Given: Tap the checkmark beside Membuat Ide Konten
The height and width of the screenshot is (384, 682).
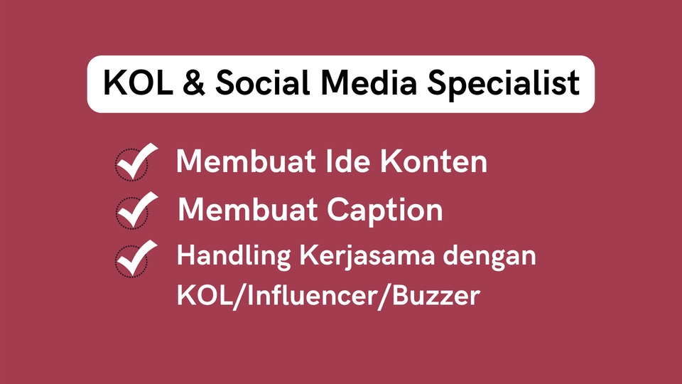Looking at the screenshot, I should click(134, 163).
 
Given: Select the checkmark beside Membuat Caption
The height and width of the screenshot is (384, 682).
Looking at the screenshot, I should click(134, 210).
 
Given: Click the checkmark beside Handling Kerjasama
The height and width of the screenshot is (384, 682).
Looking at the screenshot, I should click(134, 257).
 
